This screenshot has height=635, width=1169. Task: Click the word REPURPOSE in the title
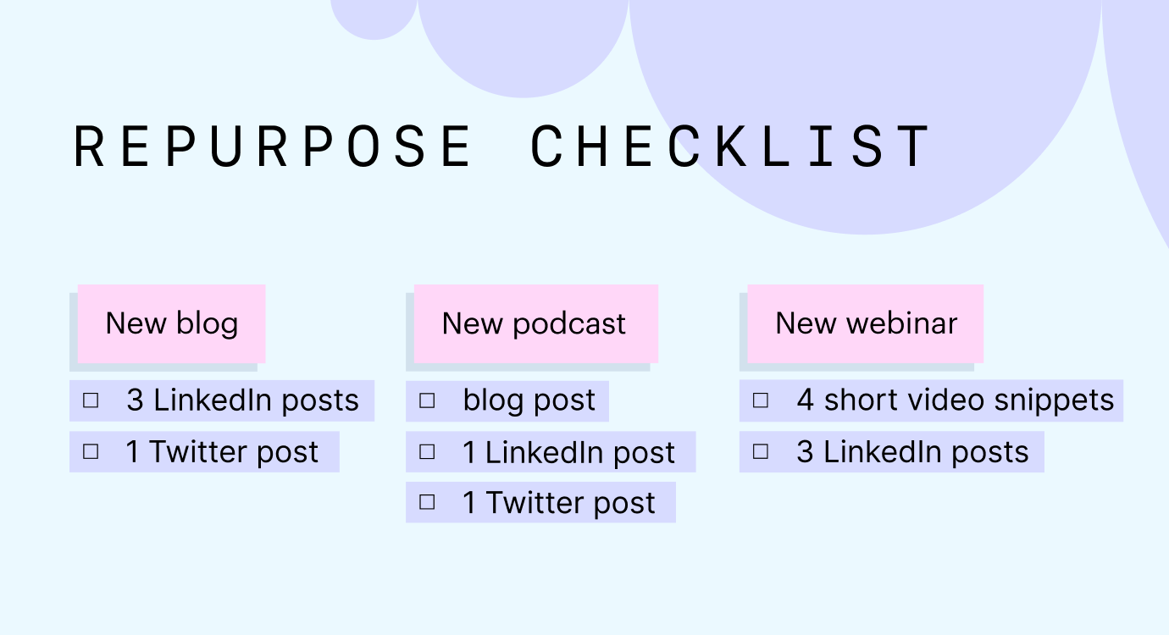273,146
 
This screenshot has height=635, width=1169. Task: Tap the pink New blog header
172,323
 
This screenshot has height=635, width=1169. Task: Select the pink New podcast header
535,323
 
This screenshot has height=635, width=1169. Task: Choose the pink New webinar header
866,323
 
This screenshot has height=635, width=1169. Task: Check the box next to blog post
428,400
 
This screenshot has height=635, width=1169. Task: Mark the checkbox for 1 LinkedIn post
428,452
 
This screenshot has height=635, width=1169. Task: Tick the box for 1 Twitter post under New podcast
428,503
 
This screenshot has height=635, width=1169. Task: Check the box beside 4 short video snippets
761,400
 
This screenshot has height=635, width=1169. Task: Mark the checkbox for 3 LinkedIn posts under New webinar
761,452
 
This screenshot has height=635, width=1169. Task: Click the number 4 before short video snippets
806,400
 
